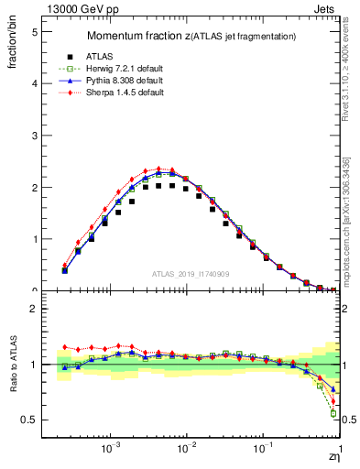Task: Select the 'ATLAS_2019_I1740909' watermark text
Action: pos(192,275)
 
